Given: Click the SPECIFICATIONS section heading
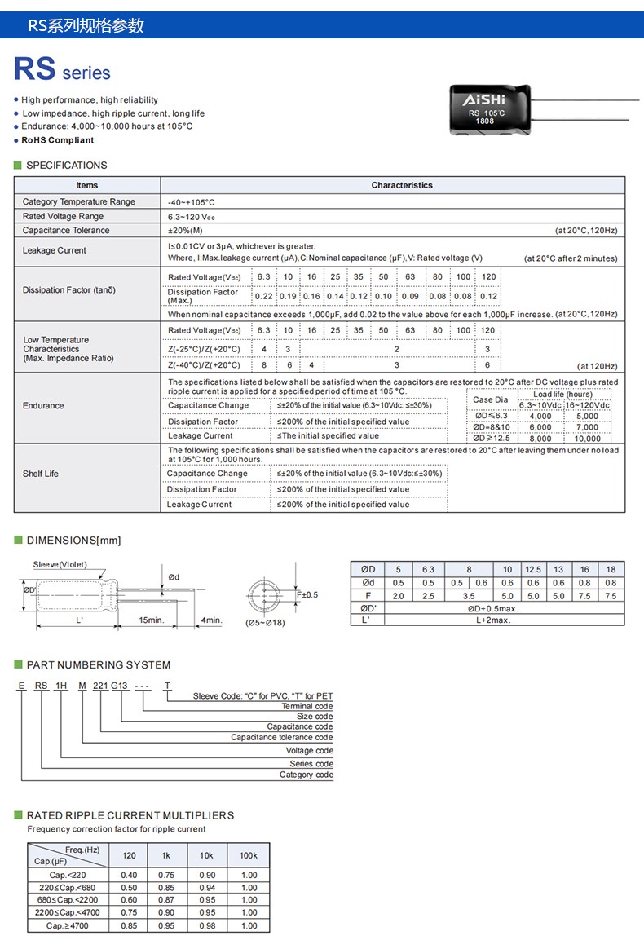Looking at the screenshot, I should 66,166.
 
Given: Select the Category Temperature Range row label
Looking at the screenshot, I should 79,202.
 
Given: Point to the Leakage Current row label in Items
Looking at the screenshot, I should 55,251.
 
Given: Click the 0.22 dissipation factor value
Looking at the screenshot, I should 264,297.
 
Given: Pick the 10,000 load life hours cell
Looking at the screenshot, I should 587,439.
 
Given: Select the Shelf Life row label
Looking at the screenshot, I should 41,474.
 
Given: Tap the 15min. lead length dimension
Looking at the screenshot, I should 151,620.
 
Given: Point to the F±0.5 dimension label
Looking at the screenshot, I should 307,594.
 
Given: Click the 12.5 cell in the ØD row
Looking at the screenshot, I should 532,569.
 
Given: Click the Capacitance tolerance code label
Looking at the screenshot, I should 281,737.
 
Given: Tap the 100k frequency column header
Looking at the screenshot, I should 249,855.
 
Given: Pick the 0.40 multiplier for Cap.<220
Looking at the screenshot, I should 129,875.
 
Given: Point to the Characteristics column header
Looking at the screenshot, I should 402,186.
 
